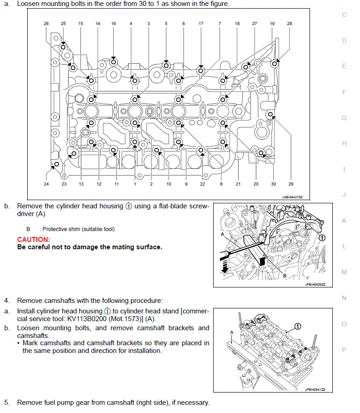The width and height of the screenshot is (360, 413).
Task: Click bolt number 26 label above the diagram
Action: coord(46,24)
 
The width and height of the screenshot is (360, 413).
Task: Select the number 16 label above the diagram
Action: coord(114,24)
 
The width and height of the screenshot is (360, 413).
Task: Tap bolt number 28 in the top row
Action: coord(290,24)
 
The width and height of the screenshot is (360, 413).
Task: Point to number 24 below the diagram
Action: coord(46,184)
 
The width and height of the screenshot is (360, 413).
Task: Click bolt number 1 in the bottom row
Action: coord(135,184)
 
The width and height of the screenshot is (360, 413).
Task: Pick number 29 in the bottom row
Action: coord(291,184)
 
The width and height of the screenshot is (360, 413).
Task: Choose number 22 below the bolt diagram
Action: coord(202,184)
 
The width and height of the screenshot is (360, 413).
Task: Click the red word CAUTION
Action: coord(34,239)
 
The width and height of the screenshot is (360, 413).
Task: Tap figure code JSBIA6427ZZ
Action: coord(292,197)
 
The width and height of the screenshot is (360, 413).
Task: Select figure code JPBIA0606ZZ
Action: coord(315,284)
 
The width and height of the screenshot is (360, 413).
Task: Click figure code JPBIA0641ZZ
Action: coord(315,389)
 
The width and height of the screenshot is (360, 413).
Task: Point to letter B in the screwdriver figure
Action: coord(285,276)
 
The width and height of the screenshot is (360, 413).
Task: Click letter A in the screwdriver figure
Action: coord(222,234)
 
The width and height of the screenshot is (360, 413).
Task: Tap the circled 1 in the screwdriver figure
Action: coord(322,238)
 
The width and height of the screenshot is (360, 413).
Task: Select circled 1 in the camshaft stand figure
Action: coord(297,326)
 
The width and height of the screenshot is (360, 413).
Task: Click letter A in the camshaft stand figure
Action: coord(231,332)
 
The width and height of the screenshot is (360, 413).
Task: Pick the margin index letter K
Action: coord(344,221)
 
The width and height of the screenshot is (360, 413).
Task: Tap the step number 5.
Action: coord(6,403)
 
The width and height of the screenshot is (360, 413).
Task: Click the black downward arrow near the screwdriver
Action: coord(225,266)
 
